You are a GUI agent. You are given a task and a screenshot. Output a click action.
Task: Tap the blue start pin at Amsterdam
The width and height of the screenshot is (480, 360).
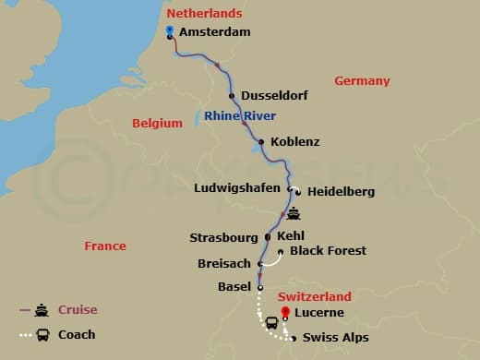(x=170, y=30)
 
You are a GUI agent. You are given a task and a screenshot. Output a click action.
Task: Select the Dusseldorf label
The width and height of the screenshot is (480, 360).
(x=274, y=96)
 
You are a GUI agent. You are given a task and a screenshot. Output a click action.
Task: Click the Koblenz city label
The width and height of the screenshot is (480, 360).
(x=295, y=142)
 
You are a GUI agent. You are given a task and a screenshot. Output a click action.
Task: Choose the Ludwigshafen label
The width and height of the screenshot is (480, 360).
(x=239, y=189)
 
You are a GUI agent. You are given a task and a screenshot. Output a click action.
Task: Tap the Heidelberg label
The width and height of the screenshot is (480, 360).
(x=341, y=192)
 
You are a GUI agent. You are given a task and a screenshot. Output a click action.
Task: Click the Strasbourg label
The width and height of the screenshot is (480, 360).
(x=224, y=237)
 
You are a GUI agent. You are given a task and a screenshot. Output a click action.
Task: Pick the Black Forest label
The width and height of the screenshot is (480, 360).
(x=328, y=251)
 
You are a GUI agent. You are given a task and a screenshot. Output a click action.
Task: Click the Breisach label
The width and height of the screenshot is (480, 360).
(x=224, y=264)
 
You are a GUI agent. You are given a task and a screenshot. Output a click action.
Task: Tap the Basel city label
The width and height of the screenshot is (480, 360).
(x=234, y=287)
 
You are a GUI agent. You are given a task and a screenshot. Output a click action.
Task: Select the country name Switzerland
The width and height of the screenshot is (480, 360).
(x=315, y=297)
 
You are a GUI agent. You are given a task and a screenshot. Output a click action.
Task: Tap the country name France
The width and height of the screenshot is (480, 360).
(x=104, y=246)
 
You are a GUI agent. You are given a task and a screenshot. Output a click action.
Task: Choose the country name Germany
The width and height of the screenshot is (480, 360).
(x=362, y=81)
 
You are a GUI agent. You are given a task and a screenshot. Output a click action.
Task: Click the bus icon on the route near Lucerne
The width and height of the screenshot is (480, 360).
(x=273, y=324)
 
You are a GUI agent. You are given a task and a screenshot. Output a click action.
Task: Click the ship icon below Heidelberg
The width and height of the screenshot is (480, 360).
(x=294, y=214)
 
